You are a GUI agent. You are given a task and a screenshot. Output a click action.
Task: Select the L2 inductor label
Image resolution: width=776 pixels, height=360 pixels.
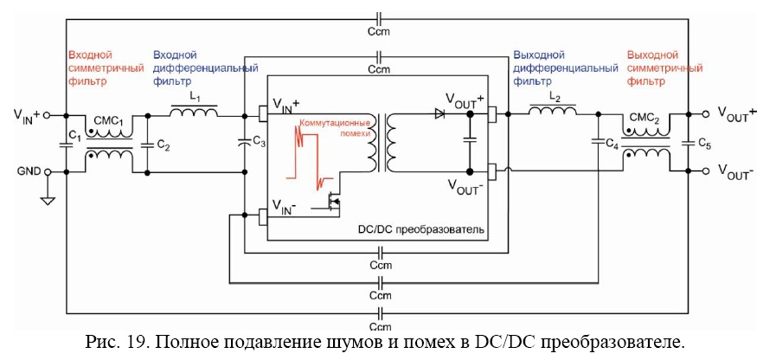point(555,100)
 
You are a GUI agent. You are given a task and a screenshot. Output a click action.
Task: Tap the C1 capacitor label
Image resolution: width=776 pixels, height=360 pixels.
point(74,138)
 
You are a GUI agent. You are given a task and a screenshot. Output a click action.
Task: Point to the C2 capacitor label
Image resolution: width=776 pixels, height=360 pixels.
point(164,146)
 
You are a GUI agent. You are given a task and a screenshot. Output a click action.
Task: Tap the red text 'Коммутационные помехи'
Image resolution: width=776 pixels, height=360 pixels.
point(334,129)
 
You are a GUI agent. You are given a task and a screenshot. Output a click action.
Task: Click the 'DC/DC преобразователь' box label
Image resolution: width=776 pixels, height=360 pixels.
point(420,230)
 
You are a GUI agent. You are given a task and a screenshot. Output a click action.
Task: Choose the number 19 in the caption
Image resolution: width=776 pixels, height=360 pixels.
point(142,341)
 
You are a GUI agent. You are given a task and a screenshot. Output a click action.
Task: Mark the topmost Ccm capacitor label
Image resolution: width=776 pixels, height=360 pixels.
point(380,32)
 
